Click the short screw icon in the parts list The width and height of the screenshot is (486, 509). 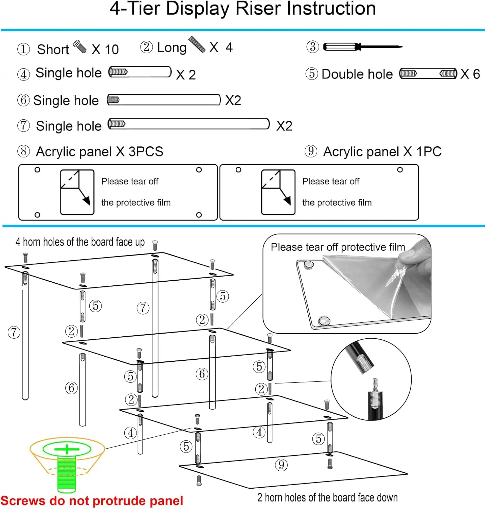80,46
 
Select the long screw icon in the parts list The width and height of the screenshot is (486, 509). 197,44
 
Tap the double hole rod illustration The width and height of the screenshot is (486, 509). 428,73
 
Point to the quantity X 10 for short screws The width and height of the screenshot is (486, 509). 105,50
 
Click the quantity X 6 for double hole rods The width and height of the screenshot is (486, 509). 470,74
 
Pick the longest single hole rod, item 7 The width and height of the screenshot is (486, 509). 188,124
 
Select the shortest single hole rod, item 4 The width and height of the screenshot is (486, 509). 140,72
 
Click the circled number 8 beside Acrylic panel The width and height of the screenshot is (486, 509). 23,151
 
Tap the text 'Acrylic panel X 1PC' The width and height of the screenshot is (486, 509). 382,152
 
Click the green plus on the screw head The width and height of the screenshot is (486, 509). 67,449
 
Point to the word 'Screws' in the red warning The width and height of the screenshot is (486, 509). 23,501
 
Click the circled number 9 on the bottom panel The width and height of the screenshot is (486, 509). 281,465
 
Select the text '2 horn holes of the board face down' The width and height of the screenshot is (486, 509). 327,497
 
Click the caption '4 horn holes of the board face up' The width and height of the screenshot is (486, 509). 80,242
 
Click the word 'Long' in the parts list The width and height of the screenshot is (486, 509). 172,48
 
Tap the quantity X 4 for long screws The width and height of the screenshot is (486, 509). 221,48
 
